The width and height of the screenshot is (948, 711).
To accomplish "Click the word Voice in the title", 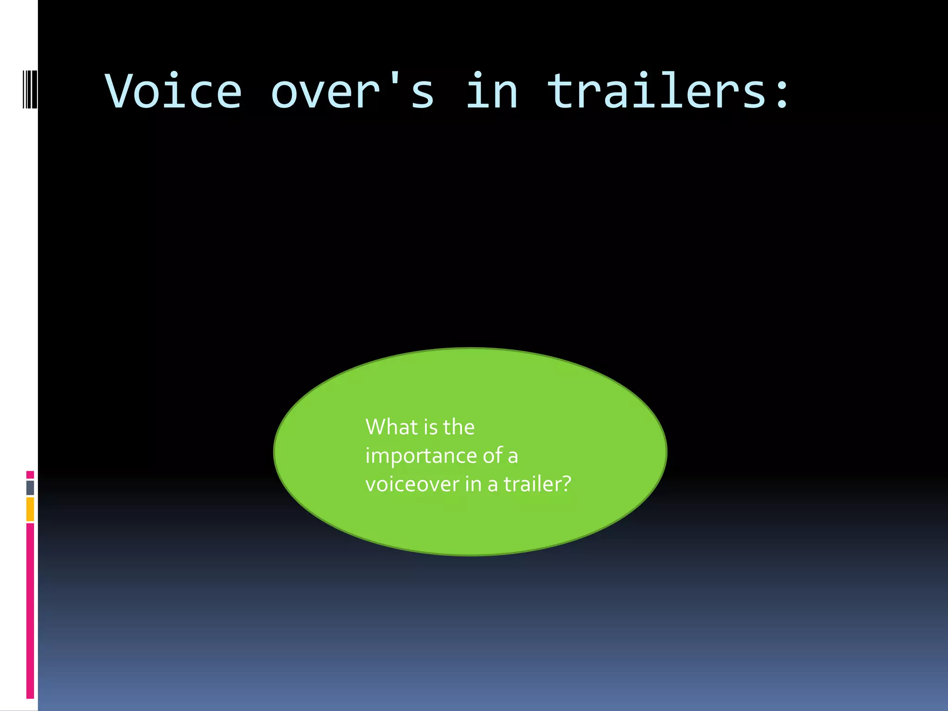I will (x=173, y=91).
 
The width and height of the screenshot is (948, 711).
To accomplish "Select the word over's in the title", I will (x=352, y=91).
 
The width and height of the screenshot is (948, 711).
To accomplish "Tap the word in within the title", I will (x=492, y=91).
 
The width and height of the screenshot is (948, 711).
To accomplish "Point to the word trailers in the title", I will (x=657, y=91).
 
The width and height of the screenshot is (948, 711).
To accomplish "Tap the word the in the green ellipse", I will (x=459, y=427).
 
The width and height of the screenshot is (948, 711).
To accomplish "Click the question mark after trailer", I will (x=566, y=484).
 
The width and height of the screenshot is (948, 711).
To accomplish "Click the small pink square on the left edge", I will (x=30, y=474).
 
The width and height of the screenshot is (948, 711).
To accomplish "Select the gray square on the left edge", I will (x=30, y=487).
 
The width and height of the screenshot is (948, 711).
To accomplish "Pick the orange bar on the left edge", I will (x=30, y=509).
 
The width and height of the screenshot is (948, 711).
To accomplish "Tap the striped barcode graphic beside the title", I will (x=30, y=89).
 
